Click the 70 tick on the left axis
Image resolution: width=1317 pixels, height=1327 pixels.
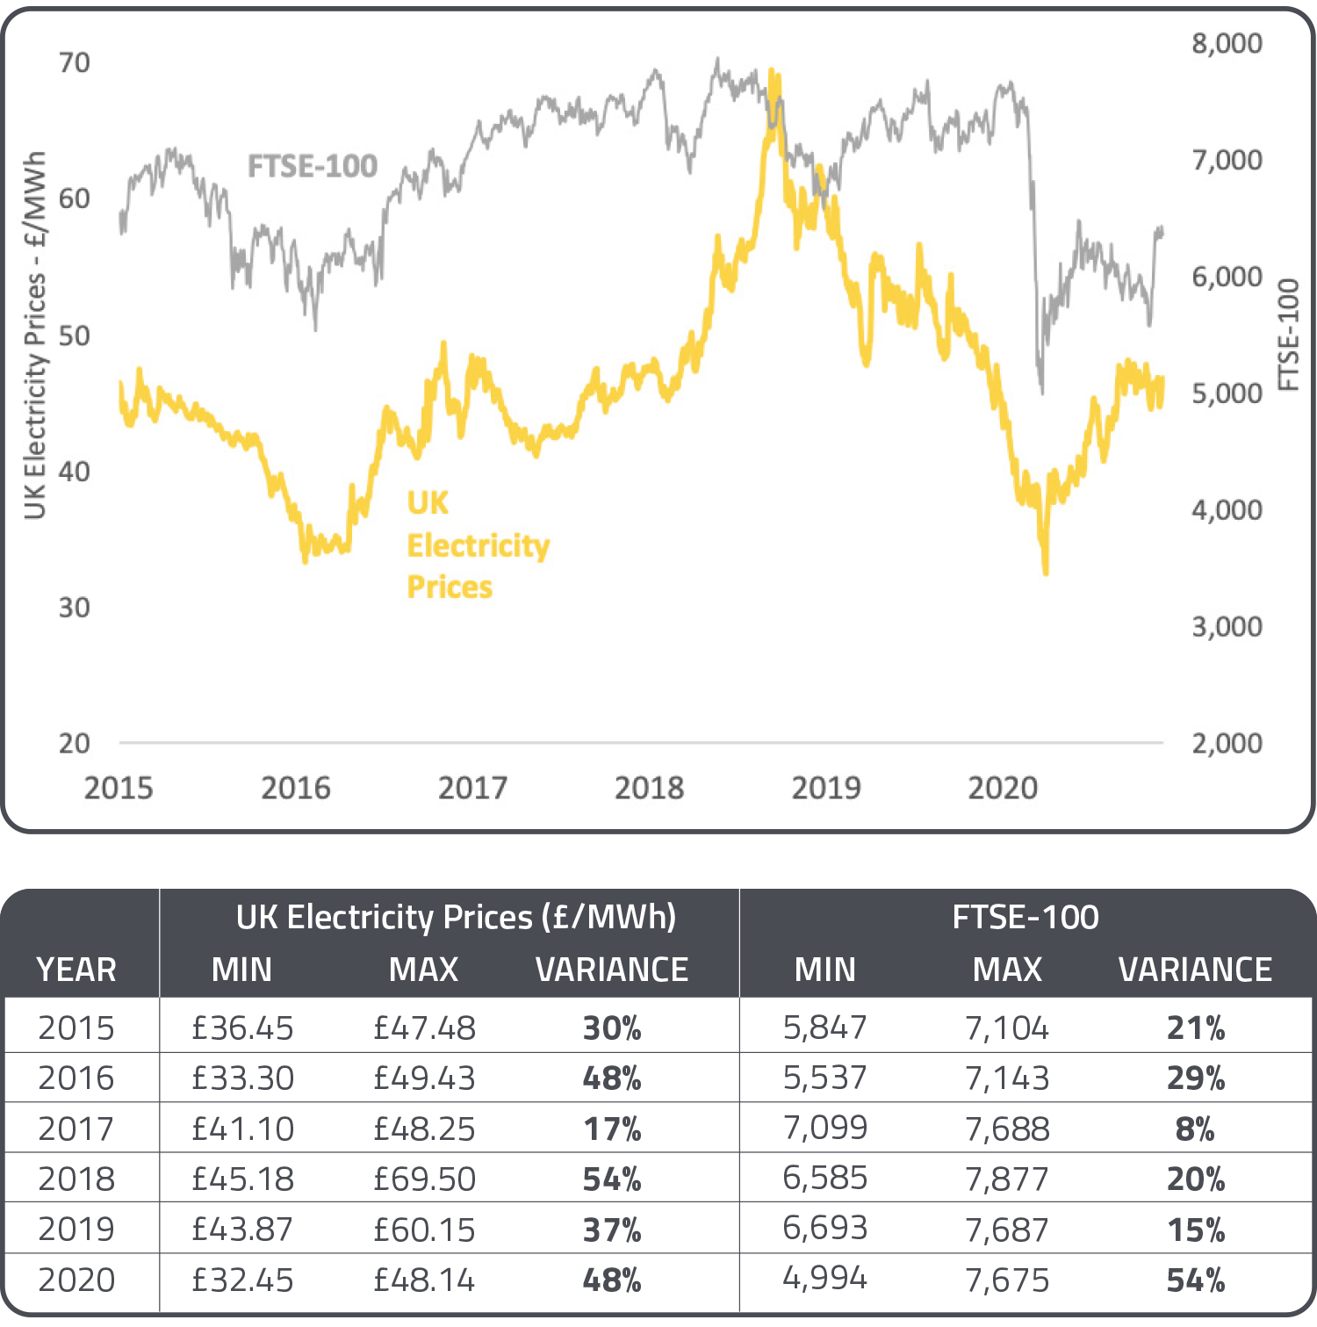point(75,63)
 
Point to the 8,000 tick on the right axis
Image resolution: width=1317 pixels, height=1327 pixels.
point(1226,43)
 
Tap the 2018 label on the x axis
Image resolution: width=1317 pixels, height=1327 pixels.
point(649,788)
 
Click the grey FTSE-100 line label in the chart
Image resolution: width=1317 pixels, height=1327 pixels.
point(312,166)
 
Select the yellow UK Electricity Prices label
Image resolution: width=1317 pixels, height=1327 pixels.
point(477,545)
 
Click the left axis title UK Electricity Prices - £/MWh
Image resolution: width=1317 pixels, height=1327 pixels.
point(34,335)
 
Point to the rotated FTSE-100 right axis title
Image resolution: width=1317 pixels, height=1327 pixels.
point(1287,335)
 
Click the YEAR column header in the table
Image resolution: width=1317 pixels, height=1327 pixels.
point(76,970)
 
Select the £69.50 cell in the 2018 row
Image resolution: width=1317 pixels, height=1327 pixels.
point(424,1179)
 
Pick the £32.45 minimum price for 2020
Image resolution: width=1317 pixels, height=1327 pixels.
point(242,1280)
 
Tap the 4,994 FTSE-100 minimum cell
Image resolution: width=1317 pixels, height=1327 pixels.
point(824,1278)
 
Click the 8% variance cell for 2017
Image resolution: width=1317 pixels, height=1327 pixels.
point(1194,1129)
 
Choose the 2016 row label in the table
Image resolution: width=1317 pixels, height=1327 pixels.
point(76,1078)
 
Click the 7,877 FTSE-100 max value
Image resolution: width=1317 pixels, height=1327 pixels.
point(1007,1179)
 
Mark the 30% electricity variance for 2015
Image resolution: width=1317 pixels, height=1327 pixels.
point(612,1028)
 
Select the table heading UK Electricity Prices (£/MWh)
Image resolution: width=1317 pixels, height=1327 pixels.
point(456,917)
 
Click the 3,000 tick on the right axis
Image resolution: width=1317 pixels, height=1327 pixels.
point(1226,626)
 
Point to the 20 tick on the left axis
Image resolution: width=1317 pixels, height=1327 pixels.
point(75,743)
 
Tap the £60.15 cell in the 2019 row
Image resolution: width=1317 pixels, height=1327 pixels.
point(424,1230)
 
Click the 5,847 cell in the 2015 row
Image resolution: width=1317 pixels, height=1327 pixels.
point(824,1027)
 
